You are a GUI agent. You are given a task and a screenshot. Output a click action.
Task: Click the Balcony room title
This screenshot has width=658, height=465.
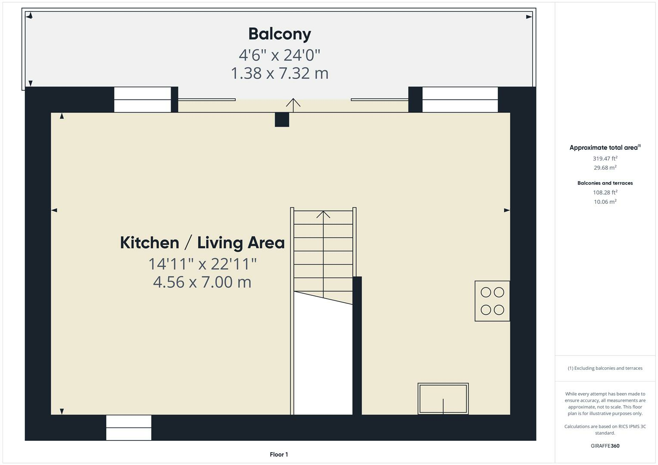click(x=279, y=34)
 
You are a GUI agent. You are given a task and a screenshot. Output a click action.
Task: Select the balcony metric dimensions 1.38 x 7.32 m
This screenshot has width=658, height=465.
click(x=279, y=73)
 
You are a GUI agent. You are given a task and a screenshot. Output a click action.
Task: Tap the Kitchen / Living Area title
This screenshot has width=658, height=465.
click(x=202, y=243)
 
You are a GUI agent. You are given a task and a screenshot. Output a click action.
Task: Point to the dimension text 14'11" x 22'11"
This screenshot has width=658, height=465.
click(x=202, y=263)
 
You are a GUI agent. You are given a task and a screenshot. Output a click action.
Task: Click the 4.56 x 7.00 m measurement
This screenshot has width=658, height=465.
click(x=202, y=282)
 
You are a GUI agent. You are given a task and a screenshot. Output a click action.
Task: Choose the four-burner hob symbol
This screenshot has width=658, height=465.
click(x=492, y=301)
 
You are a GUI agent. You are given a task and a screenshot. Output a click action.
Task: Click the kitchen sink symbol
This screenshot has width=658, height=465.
click(x=443, y=399)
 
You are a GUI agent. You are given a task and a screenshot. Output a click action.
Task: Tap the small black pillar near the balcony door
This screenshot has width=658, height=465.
click(x=282, y=119)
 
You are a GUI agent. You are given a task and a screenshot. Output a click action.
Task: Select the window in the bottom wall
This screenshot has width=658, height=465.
click(x=129, y=428)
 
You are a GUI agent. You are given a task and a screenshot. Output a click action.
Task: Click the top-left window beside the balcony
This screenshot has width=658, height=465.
click(x=143, y=99)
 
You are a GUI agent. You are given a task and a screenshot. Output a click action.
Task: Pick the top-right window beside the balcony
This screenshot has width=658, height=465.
click(x=460, y=99)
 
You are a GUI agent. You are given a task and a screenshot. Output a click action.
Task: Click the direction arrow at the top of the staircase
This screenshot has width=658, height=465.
click(x=323, y=214)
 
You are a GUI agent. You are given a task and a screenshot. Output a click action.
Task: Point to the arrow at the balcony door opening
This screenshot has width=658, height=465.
click(x=293, y=103)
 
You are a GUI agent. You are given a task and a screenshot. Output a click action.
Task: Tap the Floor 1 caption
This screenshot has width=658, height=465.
click(x=279, y=454)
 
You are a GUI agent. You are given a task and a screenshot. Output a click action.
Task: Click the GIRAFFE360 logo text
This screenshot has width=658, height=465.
click(x=605, y=446)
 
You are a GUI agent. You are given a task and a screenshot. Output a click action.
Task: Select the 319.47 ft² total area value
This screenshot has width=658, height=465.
click(x=605, y=158)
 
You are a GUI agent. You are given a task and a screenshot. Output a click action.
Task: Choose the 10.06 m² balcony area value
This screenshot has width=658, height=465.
click(x=605, y=201)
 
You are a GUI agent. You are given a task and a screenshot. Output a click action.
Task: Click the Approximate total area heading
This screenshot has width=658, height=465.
click(x=605, y=148)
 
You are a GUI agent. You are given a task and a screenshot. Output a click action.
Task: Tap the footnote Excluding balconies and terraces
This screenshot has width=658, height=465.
click(x=605, y=368)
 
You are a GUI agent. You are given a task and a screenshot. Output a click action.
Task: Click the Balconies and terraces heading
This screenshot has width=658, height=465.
click(x=605, y=183)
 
